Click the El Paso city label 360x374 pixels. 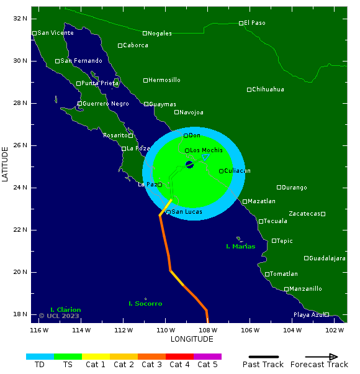click(x=254, y=23)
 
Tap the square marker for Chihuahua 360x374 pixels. click(x=250, y=89)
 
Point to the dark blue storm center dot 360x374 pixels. click(x=189, y=165)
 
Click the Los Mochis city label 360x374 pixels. click(x=206, y=150)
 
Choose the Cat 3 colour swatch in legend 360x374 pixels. click(x=151, y=357)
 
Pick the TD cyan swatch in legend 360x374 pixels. click(x=40, y=357)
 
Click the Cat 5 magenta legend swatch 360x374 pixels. click(x=207, y=357)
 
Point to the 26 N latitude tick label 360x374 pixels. click(x=20, y=145)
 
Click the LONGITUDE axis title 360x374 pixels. click(x=192, y=339)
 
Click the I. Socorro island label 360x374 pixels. click(x=145, y=304)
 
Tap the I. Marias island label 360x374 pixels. click(x=240, y=247)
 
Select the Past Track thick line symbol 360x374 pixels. click(x=263, y=357)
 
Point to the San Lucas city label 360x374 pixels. click(x=186, y=212)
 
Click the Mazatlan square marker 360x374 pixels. click(x=245, y=201)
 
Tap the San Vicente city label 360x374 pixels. click(x=55, y=33)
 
